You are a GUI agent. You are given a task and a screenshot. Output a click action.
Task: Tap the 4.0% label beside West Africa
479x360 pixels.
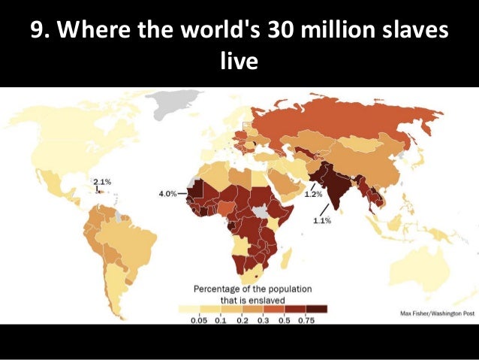(x=167, y=193)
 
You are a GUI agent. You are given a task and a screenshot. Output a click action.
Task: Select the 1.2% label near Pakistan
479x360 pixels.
(x=313, y=194)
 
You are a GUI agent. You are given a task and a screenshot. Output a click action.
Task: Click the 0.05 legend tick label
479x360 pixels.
(x=198, y=320)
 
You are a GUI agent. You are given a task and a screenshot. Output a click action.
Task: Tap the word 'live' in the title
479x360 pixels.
(x=239, y=60)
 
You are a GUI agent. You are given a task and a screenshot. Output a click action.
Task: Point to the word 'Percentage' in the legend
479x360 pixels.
(x=221, y=289)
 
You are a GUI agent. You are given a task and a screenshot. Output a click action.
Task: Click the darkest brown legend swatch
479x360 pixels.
(x=315, y=308)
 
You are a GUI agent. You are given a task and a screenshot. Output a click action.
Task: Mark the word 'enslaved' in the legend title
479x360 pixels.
(x=264, y=300)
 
